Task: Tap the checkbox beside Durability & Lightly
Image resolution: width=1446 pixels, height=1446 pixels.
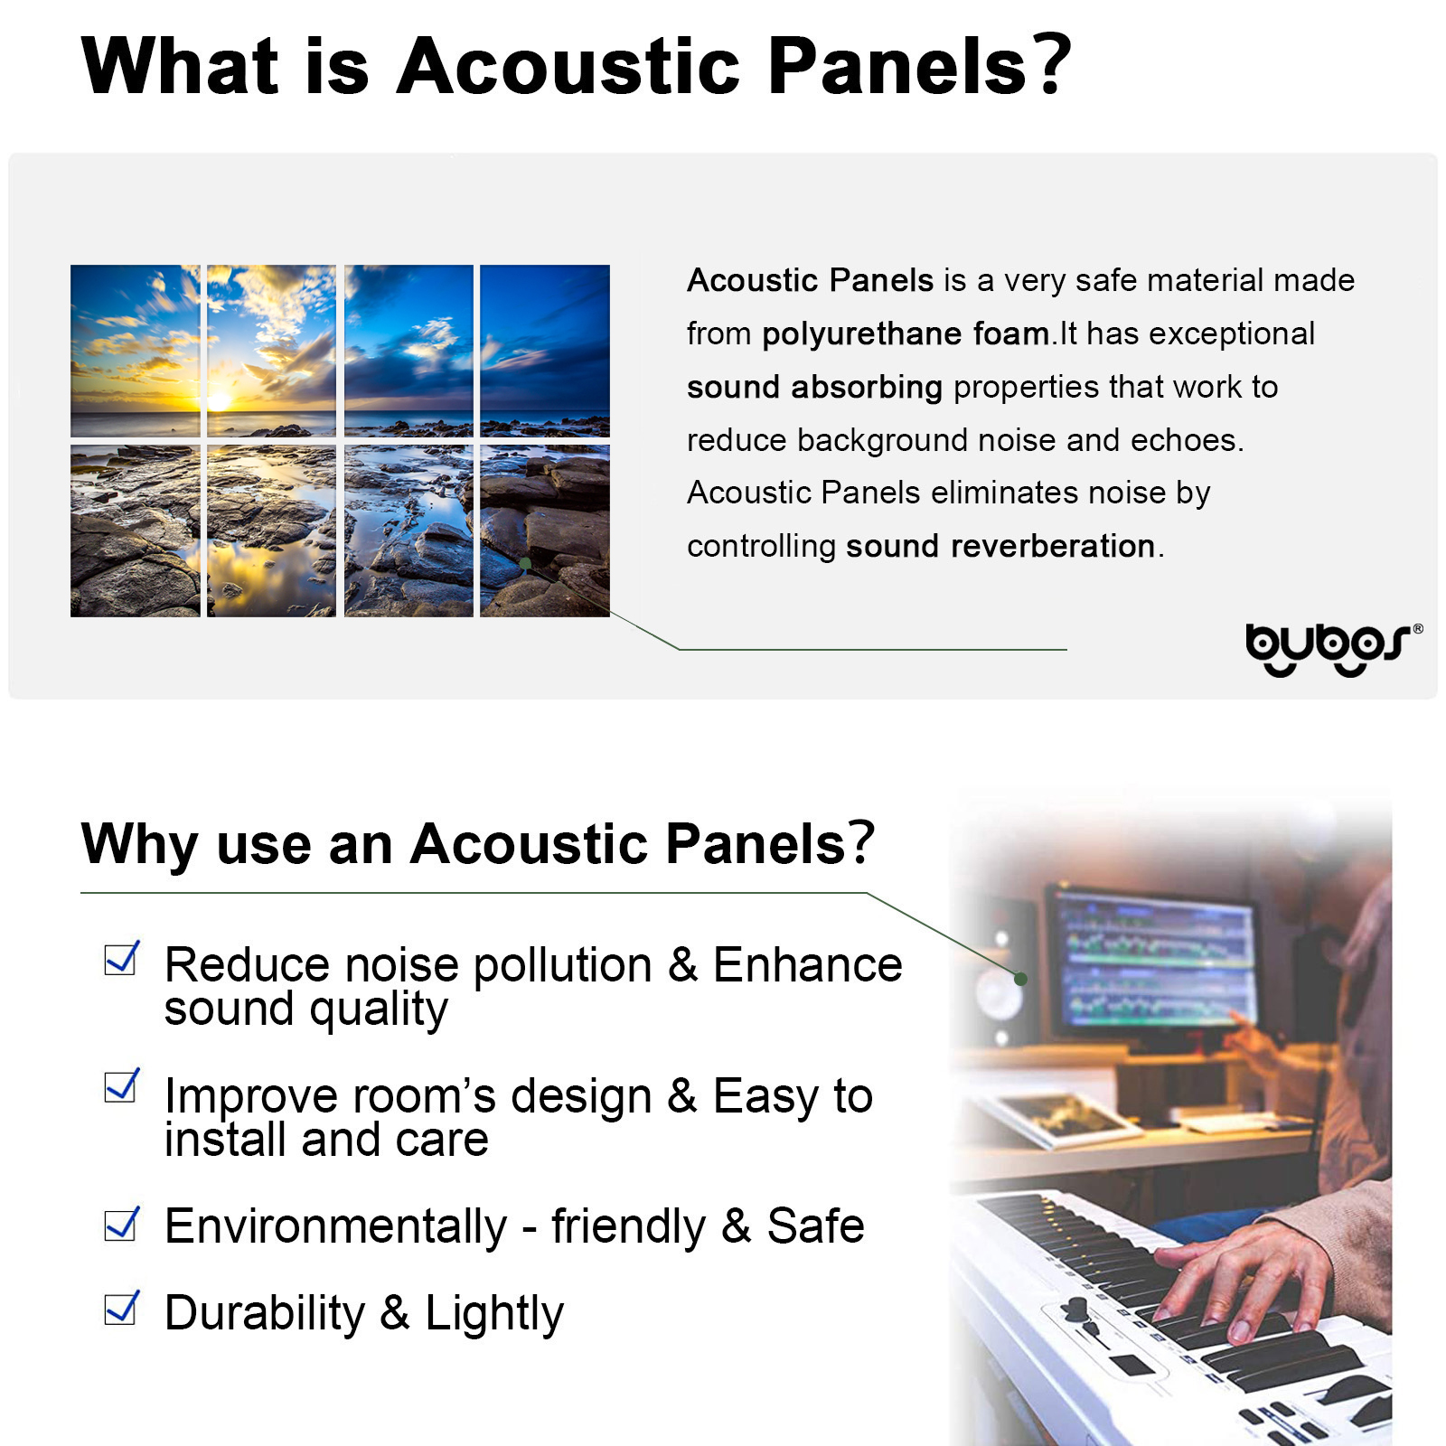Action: point(121,1308)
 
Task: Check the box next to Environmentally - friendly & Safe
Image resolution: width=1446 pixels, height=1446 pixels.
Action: point(121,1224)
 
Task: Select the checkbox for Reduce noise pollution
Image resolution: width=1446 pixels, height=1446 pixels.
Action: point(121,958)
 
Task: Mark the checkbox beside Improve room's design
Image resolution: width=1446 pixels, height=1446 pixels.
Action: point(121,1085)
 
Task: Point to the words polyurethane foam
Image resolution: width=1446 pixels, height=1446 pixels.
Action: point(905,334)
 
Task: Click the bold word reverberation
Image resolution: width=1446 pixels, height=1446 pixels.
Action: point(1053,546)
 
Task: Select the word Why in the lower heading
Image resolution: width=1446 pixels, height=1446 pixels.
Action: point(139,845)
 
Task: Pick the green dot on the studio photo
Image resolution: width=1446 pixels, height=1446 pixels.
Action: point(1020,979)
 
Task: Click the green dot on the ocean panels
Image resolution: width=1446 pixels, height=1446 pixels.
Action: point(525,564)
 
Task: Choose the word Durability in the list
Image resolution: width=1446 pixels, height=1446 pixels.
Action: point(265,1313)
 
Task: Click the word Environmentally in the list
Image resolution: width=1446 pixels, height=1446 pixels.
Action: point(336,1227)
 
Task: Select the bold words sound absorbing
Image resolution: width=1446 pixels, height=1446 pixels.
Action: point(814,388)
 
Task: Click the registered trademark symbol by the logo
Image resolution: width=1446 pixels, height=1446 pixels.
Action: point(1417,628)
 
